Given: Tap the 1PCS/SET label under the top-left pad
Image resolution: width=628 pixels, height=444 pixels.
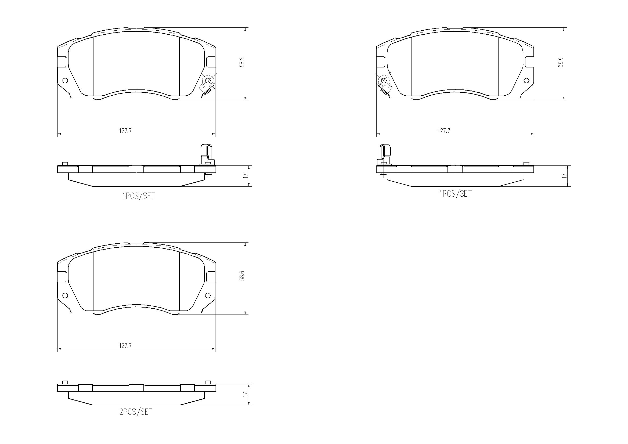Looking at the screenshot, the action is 138,196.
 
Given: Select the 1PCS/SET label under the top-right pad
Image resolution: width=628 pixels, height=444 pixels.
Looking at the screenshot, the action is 455,194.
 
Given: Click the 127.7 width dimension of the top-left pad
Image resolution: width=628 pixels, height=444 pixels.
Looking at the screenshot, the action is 125,131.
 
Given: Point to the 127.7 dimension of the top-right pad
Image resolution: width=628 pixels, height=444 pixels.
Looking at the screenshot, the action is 444,131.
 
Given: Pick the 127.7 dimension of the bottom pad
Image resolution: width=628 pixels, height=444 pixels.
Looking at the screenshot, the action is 125,346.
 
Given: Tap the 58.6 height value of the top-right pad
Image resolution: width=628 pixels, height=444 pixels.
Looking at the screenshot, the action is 561,62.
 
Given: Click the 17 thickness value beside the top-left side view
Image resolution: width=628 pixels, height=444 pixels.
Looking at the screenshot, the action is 245,176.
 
